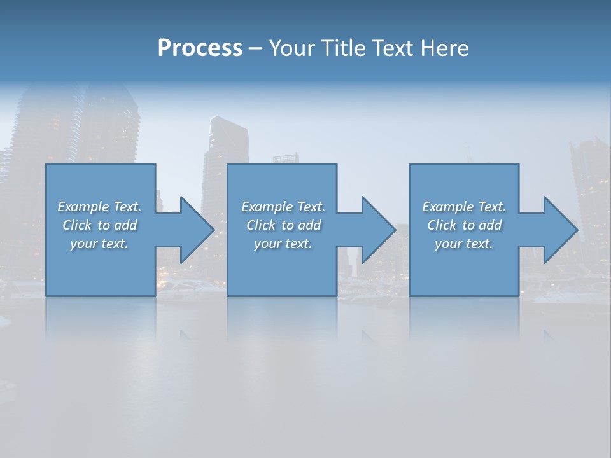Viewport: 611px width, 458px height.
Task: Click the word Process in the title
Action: [200, 48]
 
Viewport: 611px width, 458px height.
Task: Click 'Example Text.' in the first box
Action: [99, 207]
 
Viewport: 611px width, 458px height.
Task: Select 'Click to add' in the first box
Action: [99, 225]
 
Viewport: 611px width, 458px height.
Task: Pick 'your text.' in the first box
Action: [99, 244]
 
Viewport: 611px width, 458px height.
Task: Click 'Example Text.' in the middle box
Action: [283, 207]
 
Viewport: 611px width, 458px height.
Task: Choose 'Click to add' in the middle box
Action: [283, 225]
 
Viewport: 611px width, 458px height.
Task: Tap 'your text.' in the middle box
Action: [283, 244]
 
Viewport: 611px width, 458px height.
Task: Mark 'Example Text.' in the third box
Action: [464, 207]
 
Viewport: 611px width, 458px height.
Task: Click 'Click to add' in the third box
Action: [464, 225]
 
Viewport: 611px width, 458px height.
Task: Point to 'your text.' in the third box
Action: [464, 244]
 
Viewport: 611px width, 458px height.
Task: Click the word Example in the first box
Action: [83, 207]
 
